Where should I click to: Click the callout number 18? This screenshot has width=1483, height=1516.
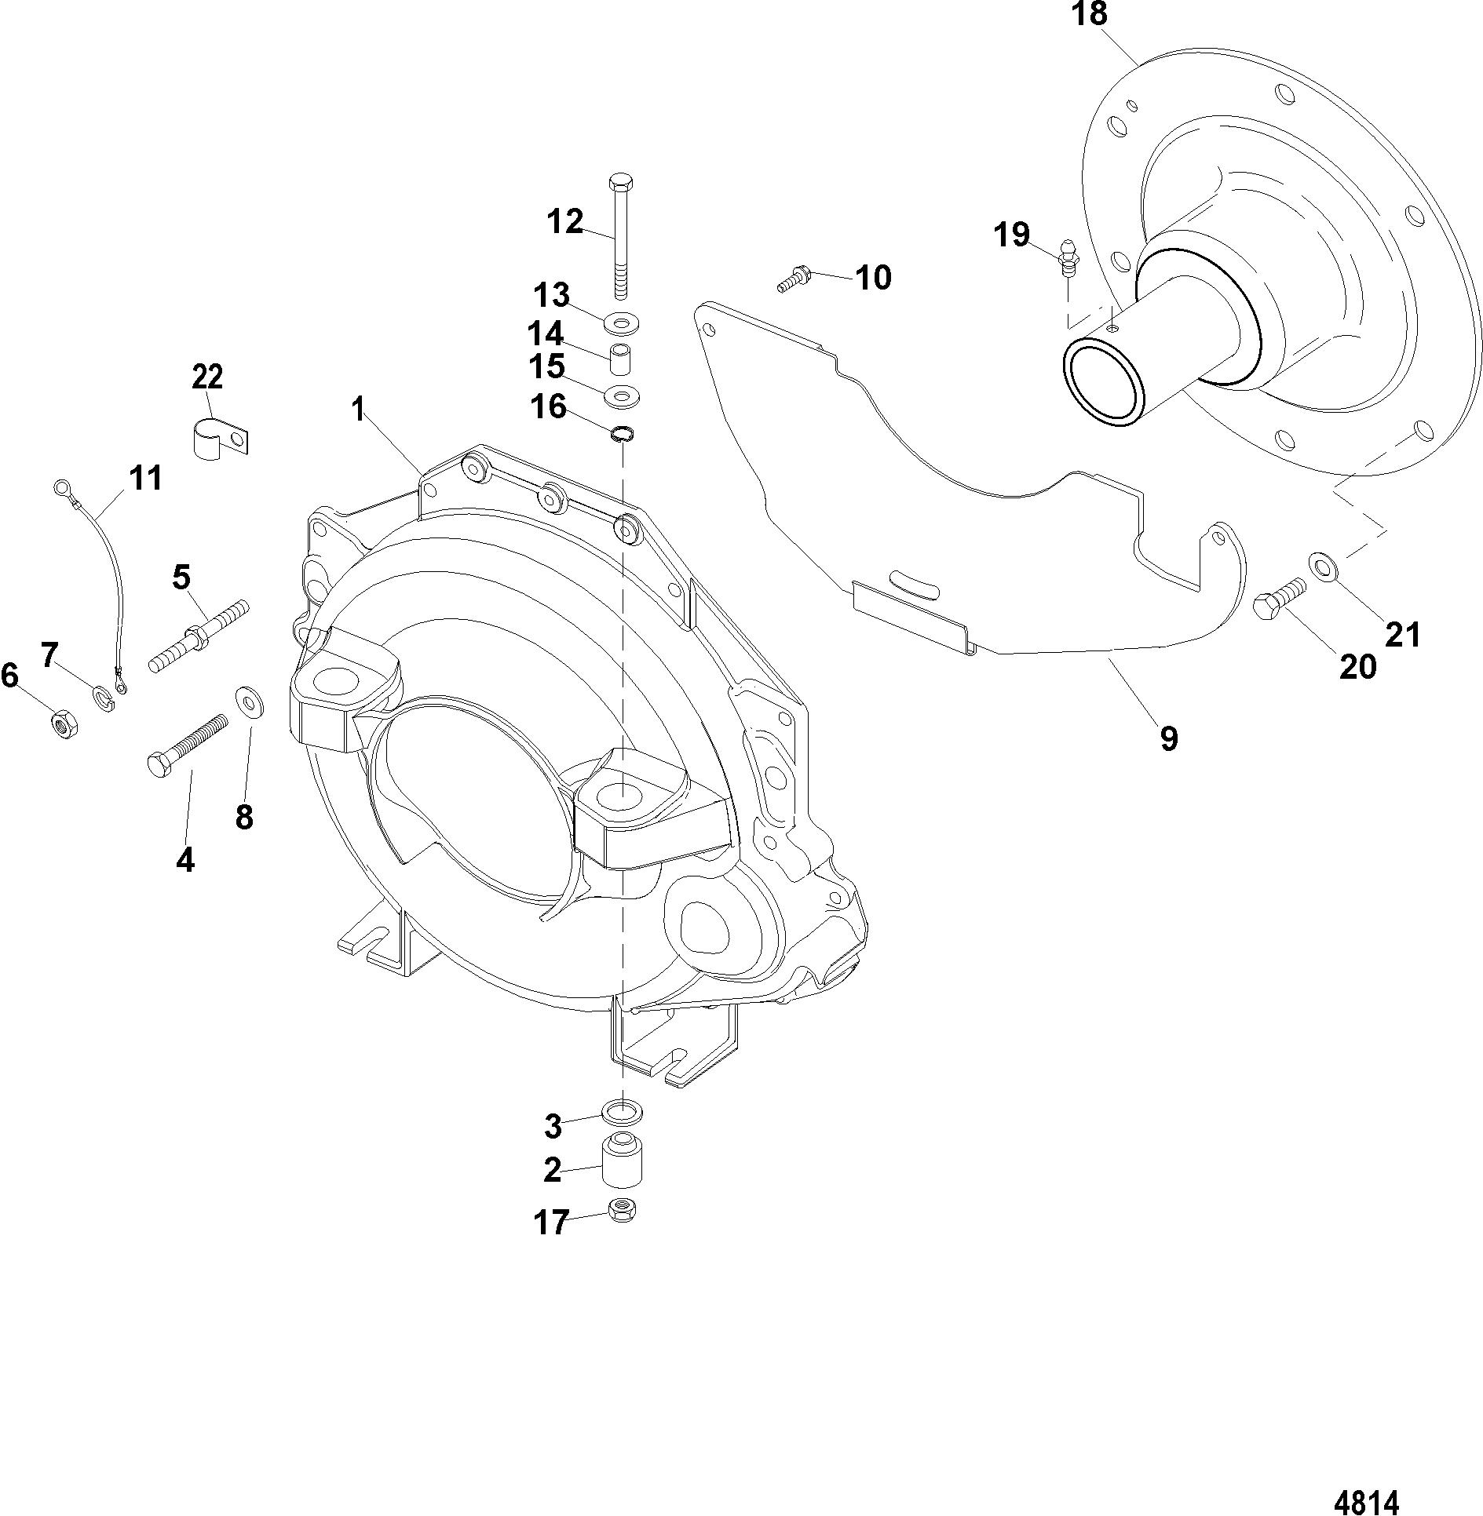tap(1089, 14)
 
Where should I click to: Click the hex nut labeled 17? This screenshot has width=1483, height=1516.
tap(623, 1211)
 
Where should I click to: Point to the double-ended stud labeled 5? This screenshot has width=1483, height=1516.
tap(199, 634)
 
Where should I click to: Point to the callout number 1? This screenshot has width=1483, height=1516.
tap(358, 409)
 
